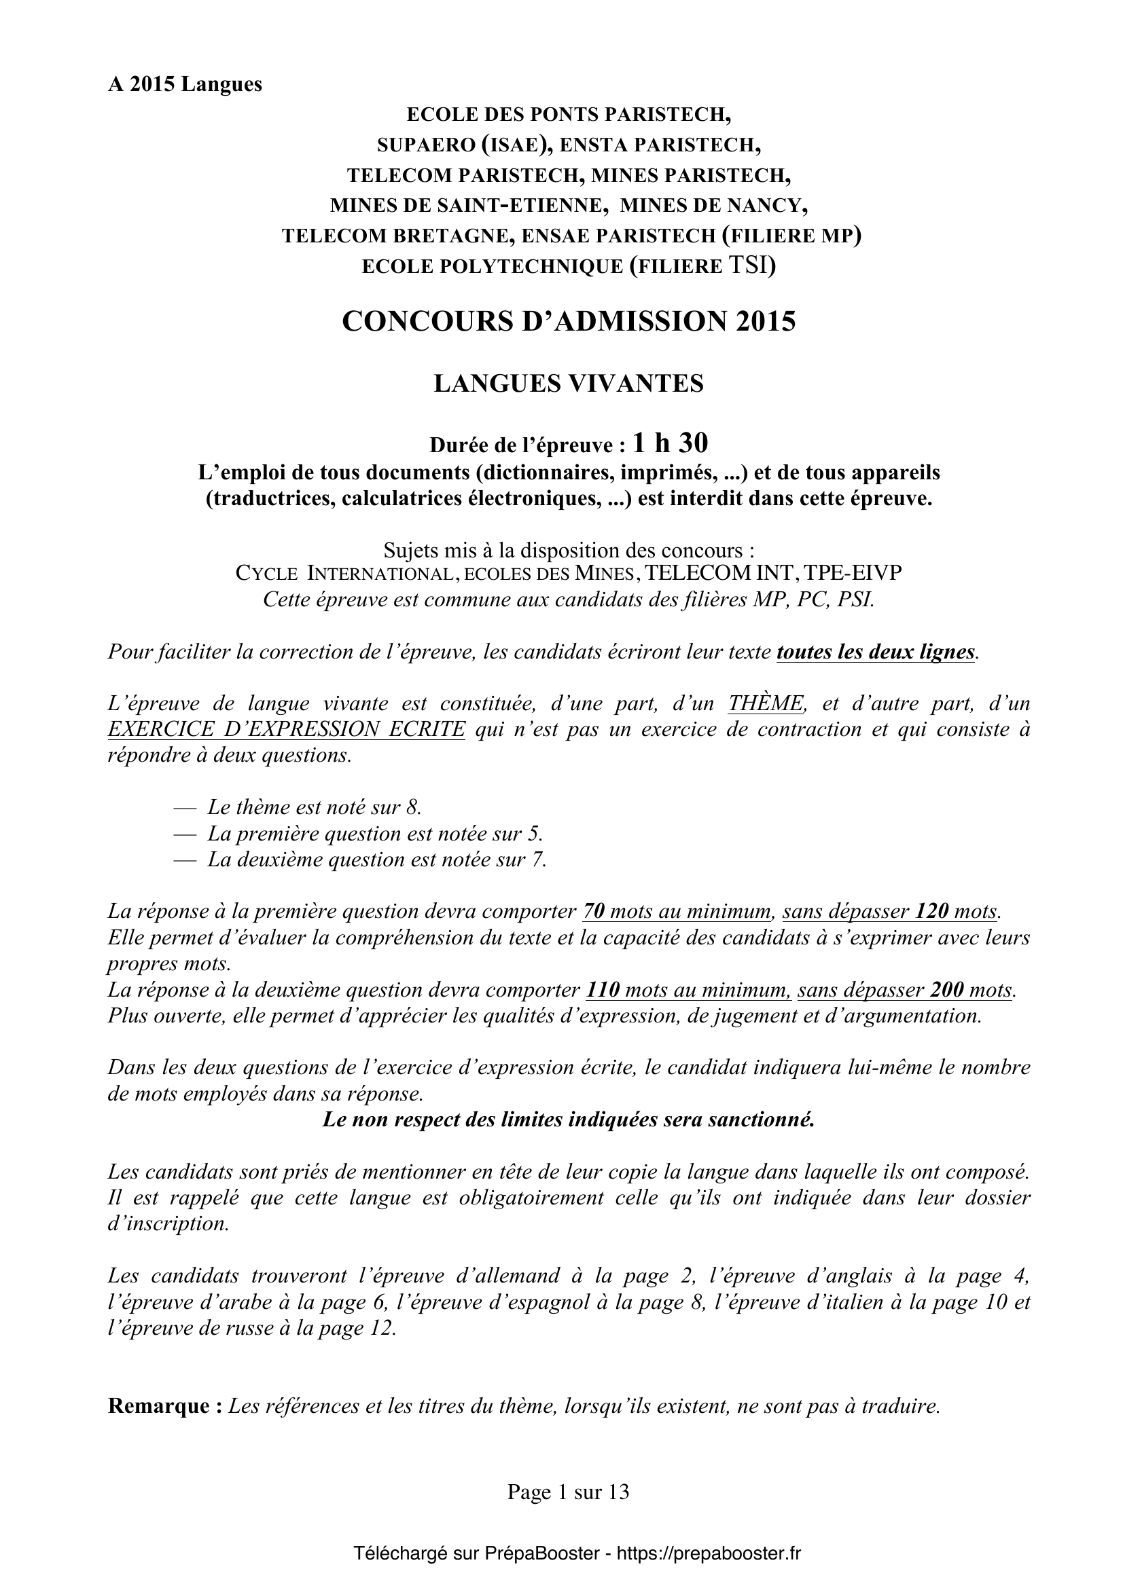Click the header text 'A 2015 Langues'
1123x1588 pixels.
click(x=185, y=84)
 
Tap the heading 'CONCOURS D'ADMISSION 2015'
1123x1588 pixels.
click(x=569, y=321)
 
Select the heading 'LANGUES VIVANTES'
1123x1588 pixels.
click(x=568, y=383)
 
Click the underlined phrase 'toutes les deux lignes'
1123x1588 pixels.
click(x=876, y=652)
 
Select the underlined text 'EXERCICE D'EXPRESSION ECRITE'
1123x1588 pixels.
click(x=287, y=729)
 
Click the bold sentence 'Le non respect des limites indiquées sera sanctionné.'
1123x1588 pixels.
click(x=568, y=1120)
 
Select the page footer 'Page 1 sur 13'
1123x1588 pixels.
click(x=568, y=1491)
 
